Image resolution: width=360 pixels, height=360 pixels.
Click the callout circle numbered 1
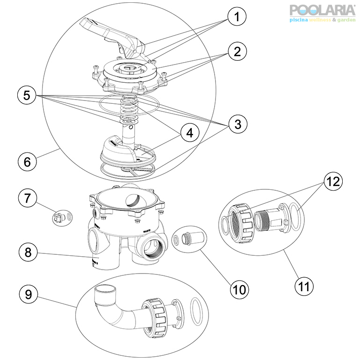(x=238, y=18)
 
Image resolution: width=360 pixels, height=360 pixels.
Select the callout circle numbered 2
(x=238, y=52)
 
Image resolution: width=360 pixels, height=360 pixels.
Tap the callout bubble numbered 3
(x=238, y=124)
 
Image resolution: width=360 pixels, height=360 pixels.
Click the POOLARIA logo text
(x=322, y=11)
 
